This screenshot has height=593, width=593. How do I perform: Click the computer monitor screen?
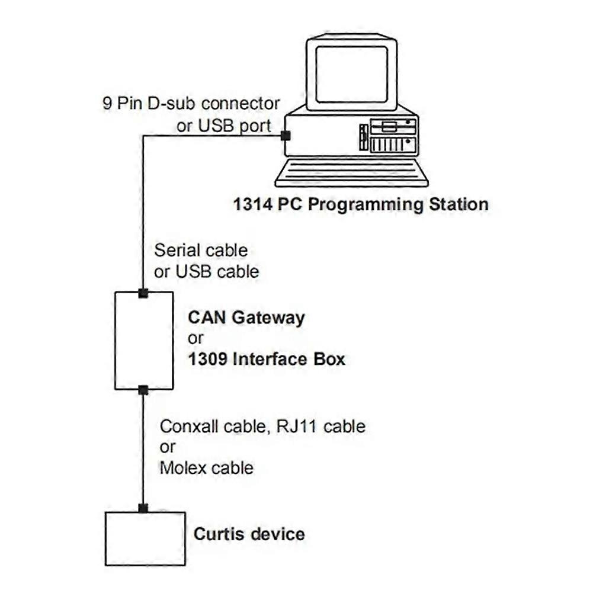click(x=351, y=74)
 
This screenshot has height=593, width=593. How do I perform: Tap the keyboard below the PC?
click(x=351, y=174)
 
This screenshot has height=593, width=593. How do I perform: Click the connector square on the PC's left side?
click(x=286, y=136)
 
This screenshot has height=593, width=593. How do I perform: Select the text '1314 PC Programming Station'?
click(x=361, y=204)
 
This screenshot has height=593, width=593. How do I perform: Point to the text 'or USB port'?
click(x=225, y=125)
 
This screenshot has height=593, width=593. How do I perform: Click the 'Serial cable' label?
click(x=201, y=249)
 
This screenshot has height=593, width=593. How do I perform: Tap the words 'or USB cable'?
click(x=206, y=271)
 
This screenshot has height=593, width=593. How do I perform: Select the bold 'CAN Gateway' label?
click(x=246, y=317)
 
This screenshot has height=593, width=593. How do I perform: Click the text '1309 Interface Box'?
click(x=267, y=359)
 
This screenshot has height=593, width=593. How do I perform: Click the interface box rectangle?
click(x=144, y=341)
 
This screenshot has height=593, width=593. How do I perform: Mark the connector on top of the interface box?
click(x=143, y=293)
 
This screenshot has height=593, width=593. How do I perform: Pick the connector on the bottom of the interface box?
click(x=143, y=389)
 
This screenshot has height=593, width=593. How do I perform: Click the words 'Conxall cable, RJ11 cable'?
click(x=262, y=426)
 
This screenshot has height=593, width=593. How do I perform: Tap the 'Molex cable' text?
click(x=206, y=468)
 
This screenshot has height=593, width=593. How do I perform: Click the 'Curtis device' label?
click(x=249, y=534)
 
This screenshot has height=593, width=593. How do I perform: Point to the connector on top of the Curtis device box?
click(x=143, y=508)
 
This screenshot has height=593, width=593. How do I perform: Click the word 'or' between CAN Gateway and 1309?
click(x=195, y=338)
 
